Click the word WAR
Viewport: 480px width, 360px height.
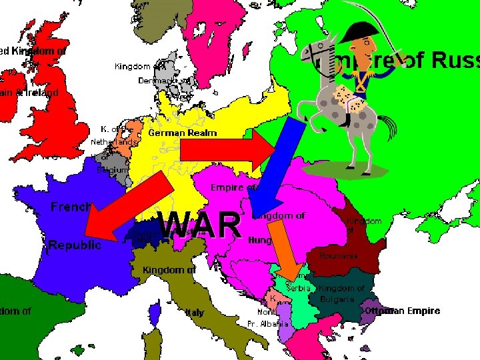(201, 224)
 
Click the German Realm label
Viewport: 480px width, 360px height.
(182, 133)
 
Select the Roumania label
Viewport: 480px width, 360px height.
(338, 256)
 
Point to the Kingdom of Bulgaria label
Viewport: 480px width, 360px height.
(341, 293)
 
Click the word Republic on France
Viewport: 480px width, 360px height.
(75, 245)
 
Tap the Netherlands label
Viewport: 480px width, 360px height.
(113, 142)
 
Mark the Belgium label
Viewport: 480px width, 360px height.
(111, 169)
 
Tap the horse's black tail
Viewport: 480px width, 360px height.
(386, 126)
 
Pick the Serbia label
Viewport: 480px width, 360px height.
(297, 287)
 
